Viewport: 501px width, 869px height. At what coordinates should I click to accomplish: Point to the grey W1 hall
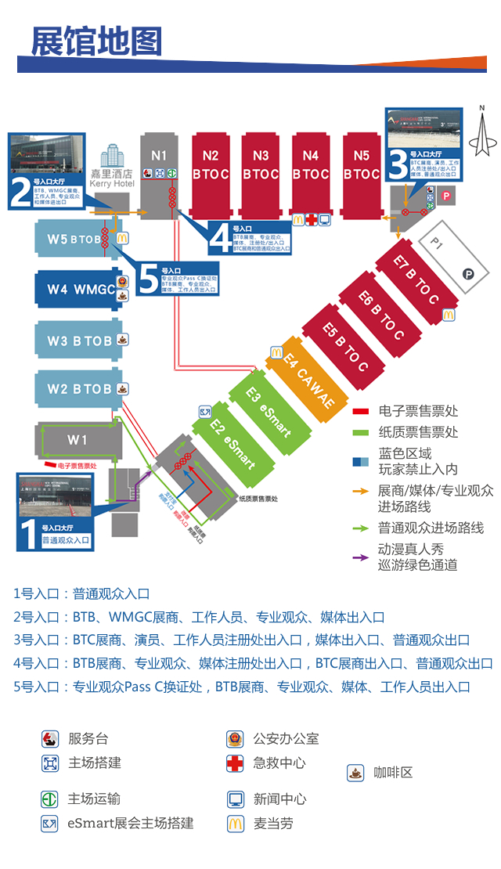pos(77,440)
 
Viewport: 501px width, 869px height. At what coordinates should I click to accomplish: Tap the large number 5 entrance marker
pos(148,279)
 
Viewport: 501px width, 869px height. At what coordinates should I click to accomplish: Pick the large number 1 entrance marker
pos(27,535)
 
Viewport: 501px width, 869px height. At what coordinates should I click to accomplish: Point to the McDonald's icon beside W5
pos(123,237)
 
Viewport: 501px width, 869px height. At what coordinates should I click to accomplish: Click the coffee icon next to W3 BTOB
pos(123,340)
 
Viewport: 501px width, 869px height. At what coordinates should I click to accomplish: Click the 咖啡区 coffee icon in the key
pos(355,773)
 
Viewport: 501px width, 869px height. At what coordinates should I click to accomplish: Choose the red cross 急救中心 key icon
pos(235,763)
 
